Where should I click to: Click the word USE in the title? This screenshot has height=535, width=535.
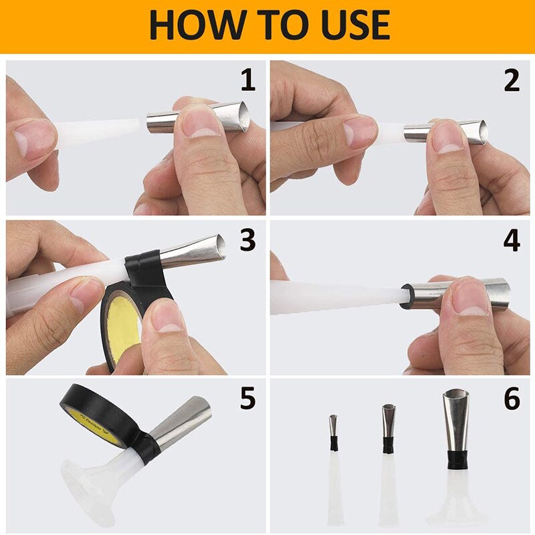point(348,25)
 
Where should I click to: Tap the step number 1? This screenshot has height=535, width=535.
point(247,80)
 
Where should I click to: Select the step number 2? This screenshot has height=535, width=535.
point(511,80)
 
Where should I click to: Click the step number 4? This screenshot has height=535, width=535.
point(511,241)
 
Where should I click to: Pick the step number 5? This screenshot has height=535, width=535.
point(247,399)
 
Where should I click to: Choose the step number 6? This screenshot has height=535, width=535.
point(511,399)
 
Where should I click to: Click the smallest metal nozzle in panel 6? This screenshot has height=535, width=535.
point(332,425)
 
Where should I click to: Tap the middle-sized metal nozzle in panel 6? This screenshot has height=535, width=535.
point(389,419)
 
